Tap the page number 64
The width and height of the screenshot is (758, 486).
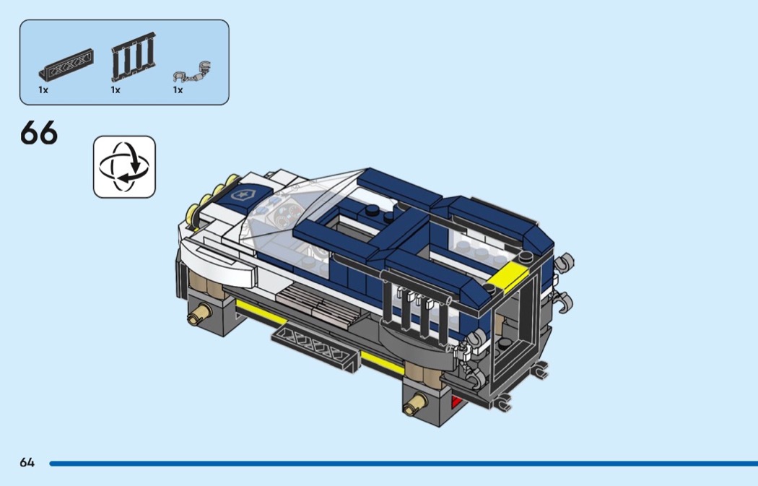pos(27,463)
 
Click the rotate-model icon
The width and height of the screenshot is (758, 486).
pos(124,167)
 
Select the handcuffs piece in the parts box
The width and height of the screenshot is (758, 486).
pos(192,71)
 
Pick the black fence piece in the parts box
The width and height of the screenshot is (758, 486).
pos(134,56)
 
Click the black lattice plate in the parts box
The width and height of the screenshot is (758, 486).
pos(66,65)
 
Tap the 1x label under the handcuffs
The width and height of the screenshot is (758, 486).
pos(178,90)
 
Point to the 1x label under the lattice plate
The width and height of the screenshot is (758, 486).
pos(43,90)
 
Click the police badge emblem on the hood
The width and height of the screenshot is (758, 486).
pos(239,196)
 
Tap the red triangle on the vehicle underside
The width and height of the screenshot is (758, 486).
pos(456,402)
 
